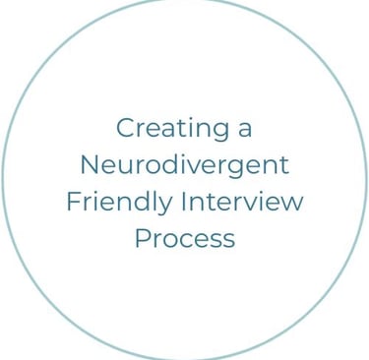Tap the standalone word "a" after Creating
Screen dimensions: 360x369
click(244, 129)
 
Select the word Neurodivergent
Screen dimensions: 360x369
click(184, 165)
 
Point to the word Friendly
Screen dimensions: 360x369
click(118, 202)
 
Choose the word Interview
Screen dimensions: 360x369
click(242, 202)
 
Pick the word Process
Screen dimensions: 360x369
click(184, 238)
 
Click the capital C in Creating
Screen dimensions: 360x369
click(125, 128)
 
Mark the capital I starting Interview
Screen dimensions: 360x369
click(183, 202)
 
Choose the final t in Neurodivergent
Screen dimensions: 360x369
click(284, 165)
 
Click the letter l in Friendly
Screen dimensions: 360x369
click(154, 201)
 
